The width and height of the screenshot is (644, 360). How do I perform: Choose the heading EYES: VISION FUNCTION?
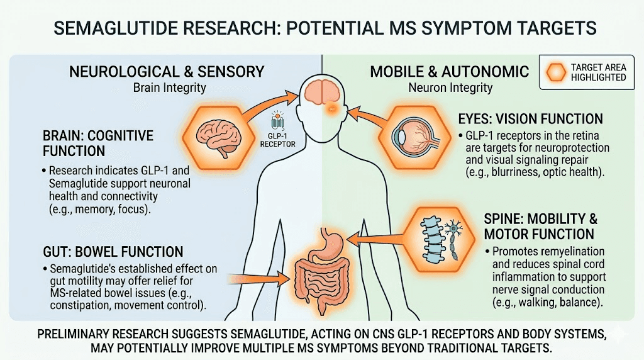(531, 119)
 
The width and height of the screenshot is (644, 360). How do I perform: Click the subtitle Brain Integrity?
(169, 88)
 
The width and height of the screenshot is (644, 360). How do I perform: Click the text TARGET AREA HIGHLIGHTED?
(598, 72)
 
